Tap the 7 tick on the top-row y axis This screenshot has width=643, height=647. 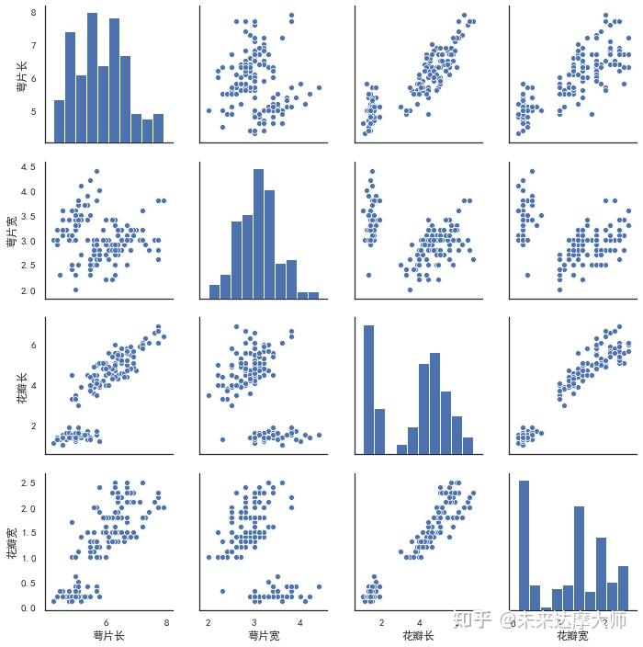coord(34,45)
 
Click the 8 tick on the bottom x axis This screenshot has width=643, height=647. coord(165,622)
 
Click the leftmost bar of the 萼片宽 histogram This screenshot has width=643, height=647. coord(214,291)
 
